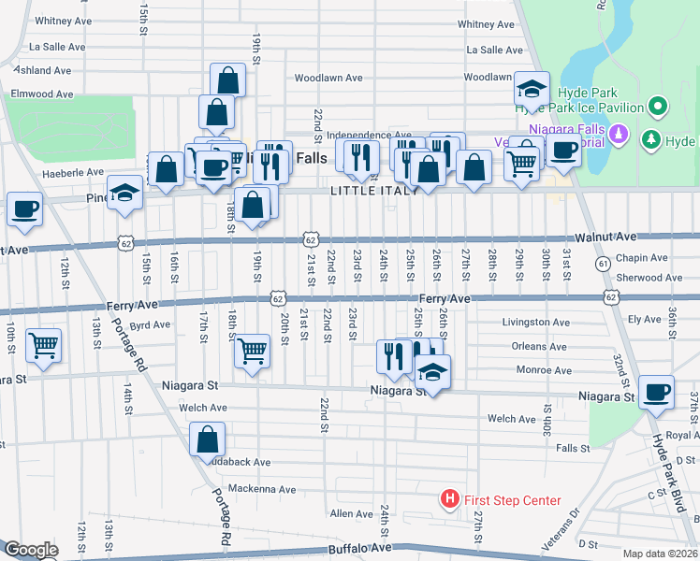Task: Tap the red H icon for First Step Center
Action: (x=449, y=500)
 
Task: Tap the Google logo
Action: (x=30, y=550)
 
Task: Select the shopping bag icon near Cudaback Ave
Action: (x=208, y=439)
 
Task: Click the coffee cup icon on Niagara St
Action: (x=656, y=392)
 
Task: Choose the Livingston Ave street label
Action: (x=536, y=323)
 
